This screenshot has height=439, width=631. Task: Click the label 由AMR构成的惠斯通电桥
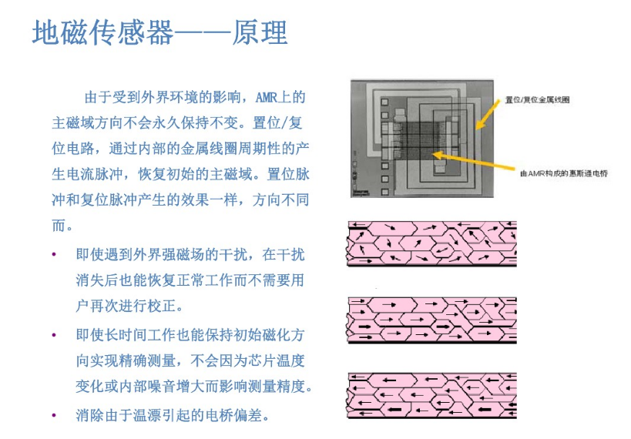coord(564,173)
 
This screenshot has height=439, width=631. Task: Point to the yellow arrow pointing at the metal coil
coord(487,114)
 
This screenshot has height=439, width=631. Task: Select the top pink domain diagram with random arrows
coord(431,243)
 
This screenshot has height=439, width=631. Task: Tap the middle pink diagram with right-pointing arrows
coord(431,318)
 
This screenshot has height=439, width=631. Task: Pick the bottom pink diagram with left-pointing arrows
coord(431,394)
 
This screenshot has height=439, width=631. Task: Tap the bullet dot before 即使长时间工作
coord(54,336)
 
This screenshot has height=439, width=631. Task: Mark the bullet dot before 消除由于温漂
coord(54,416)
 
